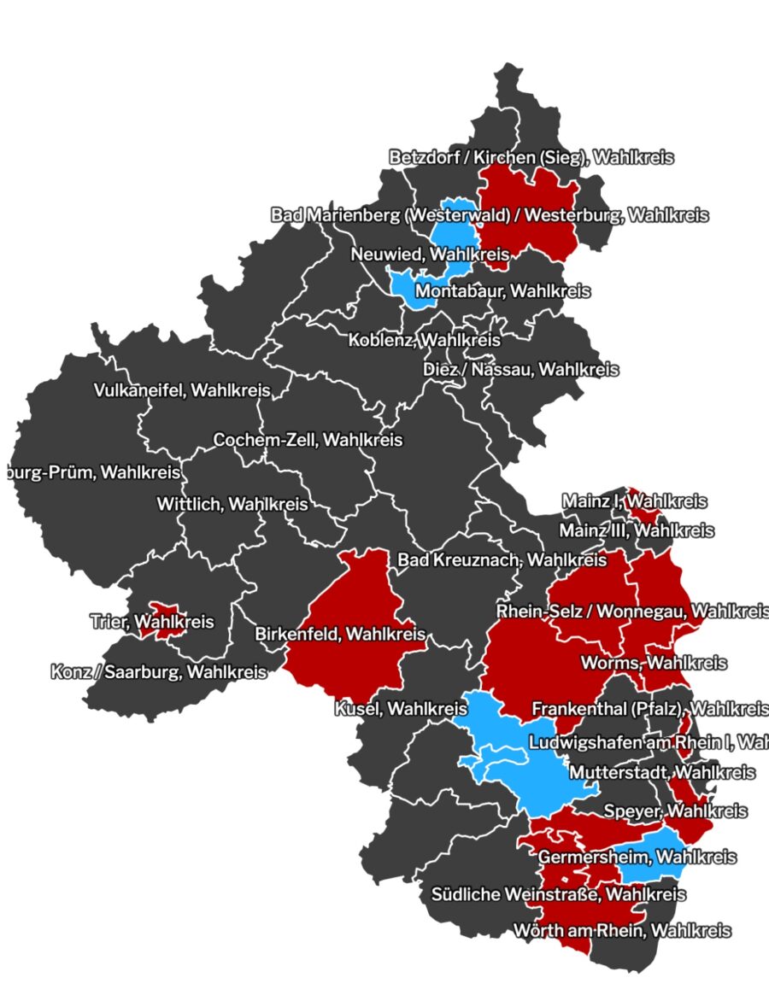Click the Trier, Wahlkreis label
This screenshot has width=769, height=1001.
point(151,622)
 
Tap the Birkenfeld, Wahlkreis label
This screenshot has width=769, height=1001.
point(340,635)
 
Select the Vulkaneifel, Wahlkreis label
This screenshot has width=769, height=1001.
point(181,390)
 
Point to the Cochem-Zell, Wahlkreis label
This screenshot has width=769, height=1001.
point(308,441)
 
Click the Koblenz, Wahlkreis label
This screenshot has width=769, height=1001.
point(424,340)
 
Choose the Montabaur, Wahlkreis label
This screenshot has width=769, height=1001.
point(502,291)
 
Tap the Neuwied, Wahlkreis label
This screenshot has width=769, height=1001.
point(430,255)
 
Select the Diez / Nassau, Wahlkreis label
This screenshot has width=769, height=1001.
point(520,370)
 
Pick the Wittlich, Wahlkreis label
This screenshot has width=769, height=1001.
point(232,504)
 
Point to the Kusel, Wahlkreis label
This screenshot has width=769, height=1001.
point(401,708)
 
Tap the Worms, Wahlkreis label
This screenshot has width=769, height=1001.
point(654,663)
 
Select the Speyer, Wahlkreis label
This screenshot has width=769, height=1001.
point(675,811)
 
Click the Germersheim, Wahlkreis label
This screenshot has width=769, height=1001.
point(637,856)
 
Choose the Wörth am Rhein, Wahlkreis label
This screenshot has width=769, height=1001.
point(621,930)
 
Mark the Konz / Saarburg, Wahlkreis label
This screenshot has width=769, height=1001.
point(158,672)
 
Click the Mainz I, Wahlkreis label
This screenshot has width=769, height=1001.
point(633,500)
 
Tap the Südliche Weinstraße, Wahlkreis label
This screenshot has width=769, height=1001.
point(558,894)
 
